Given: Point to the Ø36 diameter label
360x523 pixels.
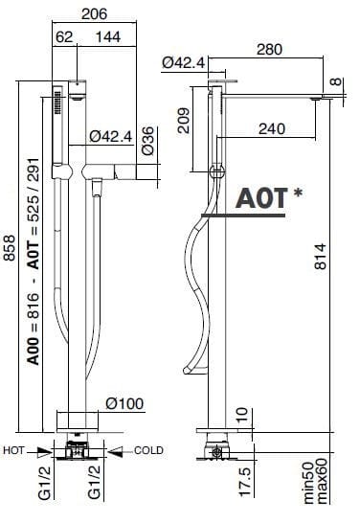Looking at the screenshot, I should (148, 141).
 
